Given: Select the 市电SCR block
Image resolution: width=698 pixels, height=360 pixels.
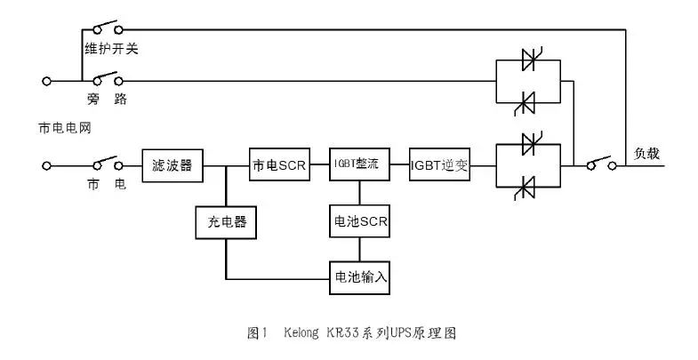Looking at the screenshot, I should pos(280,165).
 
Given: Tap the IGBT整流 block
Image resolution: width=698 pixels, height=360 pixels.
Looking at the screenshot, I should pos(359,165).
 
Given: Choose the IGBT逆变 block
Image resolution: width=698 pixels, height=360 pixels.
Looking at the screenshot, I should pos(439,165).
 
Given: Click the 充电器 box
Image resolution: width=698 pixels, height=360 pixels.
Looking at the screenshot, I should pos(226,221).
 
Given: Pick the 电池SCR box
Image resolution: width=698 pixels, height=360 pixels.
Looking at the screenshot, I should pos(359,221).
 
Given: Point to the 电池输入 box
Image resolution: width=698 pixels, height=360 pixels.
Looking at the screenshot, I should pos(359,276).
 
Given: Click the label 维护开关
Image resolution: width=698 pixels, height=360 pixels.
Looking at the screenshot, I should pos(110,48).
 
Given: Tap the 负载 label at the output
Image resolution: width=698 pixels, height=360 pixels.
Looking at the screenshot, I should pos(646,153).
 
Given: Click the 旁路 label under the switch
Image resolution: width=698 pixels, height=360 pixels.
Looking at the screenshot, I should pos(107,98).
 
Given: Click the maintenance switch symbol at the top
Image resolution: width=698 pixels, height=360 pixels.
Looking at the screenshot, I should pos(105,27).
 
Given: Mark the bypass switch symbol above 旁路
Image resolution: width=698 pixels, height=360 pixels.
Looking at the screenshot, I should pos(105,78).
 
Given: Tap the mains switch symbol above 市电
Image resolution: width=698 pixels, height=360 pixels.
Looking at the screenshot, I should pos(105,163).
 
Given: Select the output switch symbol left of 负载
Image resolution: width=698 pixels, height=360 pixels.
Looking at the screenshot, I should pos(600,163).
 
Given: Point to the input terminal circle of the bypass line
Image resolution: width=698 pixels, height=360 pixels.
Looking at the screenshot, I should pos(46,81).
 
